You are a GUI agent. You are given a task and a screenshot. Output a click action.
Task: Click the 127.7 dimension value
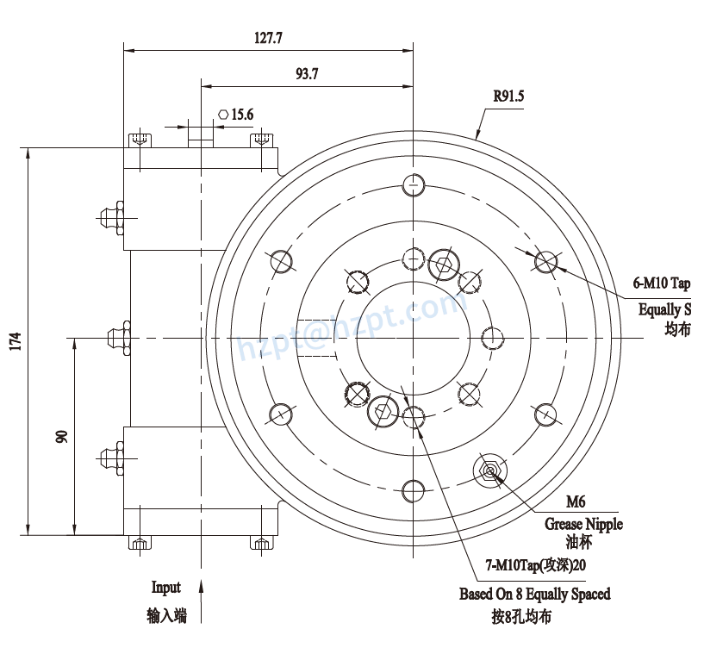tap(269, 38)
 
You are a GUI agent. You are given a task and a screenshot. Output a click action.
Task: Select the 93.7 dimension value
tap(307, 75)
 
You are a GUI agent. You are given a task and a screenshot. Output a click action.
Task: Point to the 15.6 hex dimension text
tap(242, 114)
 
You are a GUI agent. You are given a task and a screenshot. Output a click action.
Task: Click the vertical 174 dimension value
tap(15, 341)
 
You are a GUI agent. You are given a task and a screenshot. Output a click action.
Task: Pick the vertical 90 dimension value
tap(61, 436)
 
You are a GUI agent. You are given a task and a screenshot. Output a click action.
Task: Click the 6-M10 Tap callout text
tap(662, 283)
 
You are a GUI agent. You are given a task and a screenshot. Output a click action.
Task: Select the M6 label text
tap(576, 502)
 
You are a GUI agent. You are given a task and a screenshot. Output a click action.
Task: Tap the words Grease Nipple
tap(583, 524)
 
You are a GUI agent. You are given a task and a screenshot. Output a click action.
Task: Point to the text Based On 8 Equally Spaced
tap(534, 594)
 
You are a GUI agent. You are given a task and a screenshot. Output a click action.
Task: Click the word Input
tap(166, 588)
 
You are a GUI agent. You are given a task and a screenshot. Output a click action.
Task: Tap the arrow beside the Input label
tap(201, 599)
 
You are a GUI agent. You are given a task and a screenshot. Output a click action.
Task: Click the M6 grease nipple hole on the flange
tap(490, 470)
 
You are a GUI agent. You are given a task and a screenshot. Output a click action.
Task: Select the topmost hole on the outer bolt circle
tap(414, 184)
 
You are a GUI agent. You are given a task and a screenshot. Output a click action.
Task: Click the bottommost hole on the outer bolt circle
tap(413, 492)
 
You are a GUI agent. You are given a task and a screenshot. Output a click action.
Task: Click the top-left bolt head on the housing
tap(139, 140)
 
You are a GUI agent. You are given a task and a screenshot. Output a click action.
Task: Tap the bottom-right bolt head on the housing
tap(261, 542)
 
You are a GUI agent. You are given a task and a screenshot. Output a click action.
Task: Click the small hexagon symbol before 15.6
tap(223, 114)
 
